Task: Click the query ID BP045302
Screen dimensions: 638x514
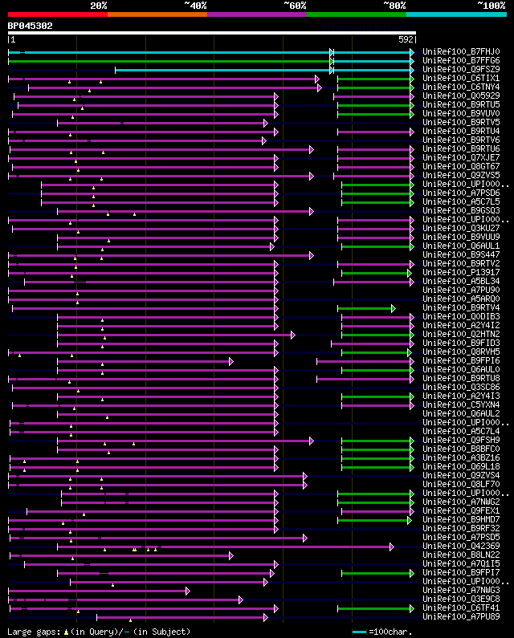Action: (30, 26)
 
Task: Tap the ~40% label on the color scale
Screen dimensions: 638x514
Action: (195, 5)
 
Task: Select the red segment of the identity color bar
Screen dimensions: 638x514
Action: (57, 14)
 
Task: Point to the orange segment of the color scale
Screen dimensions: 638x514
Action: (157, 14)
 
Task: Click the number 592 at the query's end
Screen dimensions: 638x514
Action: (406, 39)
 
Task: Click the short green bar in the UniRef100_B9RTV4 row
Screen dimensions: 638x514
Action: (365, 308)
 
